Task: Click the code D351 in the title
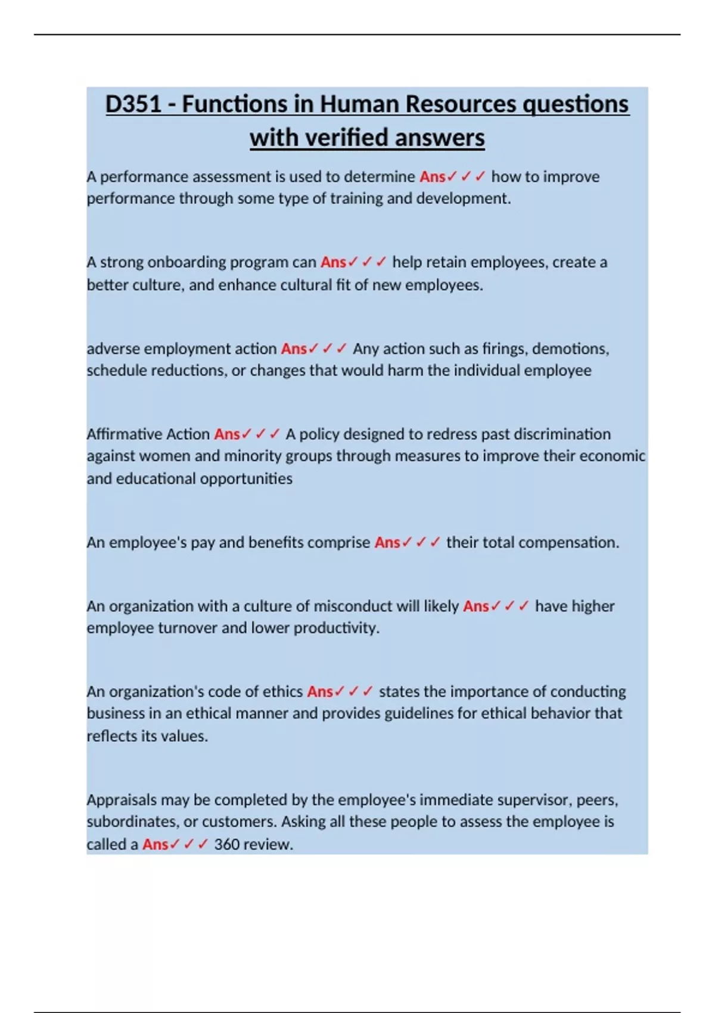[x=133, y=104]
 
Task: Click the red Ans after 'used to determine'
[x=432, y=177]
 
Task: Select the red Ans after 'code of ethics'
[x=320, y=692]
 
